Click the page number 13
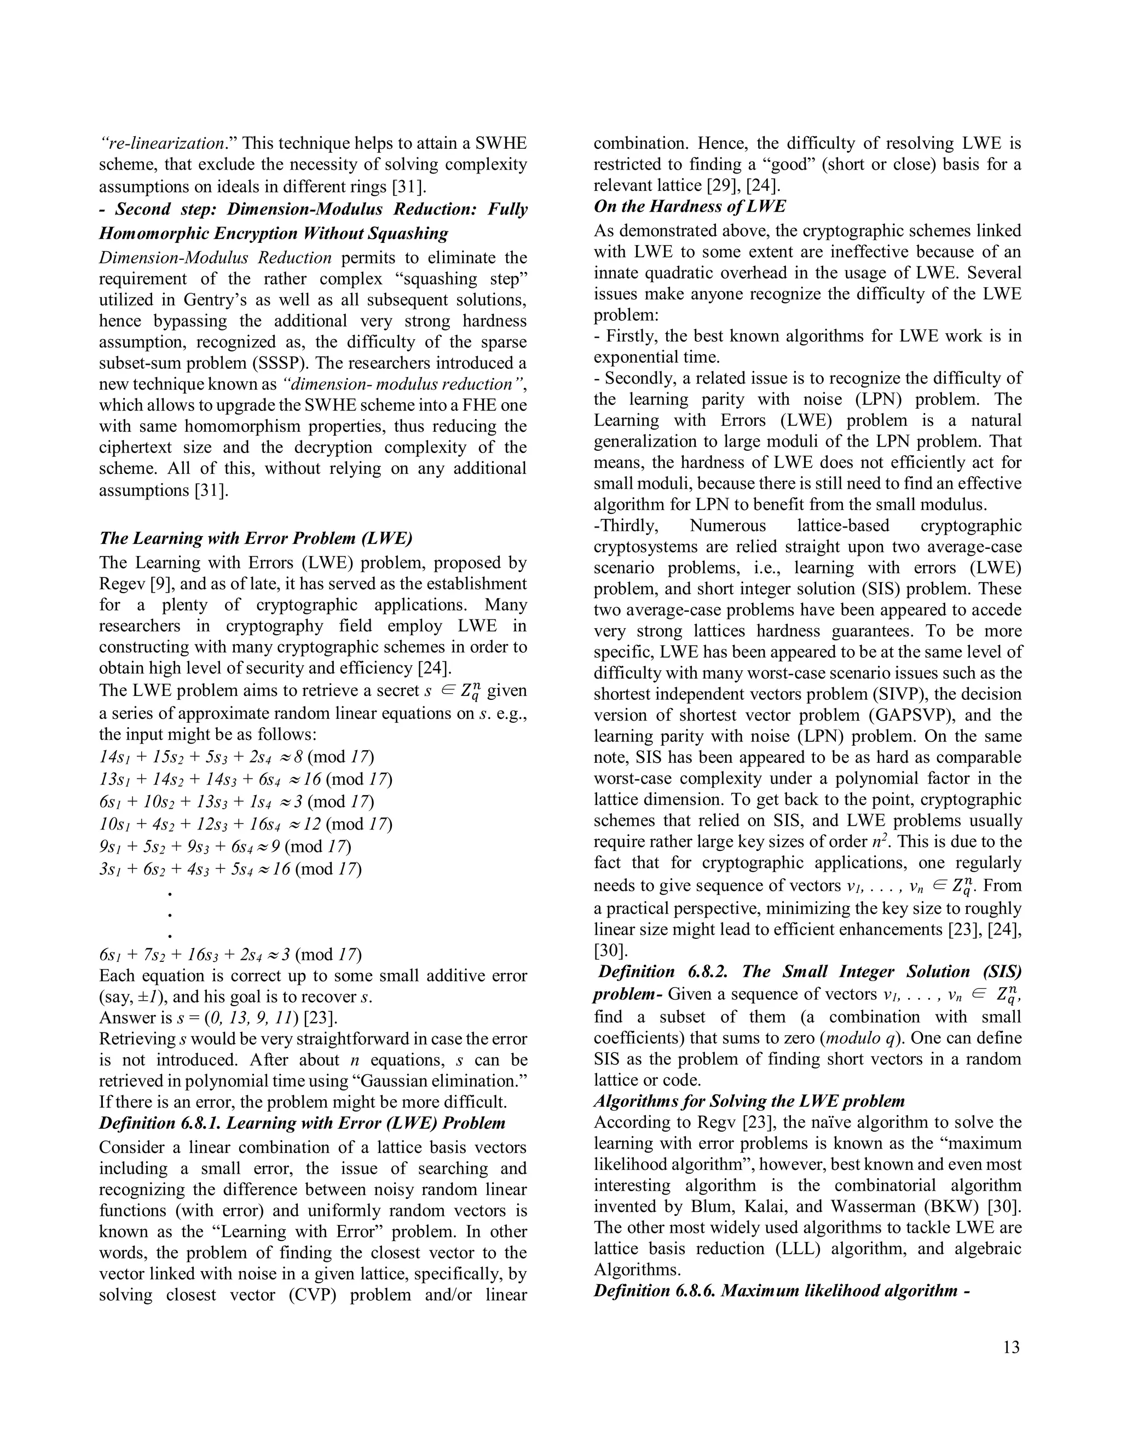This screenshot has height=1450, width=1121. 1012,1347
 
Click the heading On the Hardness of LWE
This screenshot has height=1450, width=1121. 689,206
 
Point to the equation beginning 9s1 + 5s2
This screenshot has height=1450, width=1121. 225,846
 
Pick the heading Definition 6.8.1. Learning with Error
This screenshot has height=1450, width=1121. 302,1123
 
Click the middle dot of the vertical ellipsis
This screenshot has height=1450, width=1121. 170,915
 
